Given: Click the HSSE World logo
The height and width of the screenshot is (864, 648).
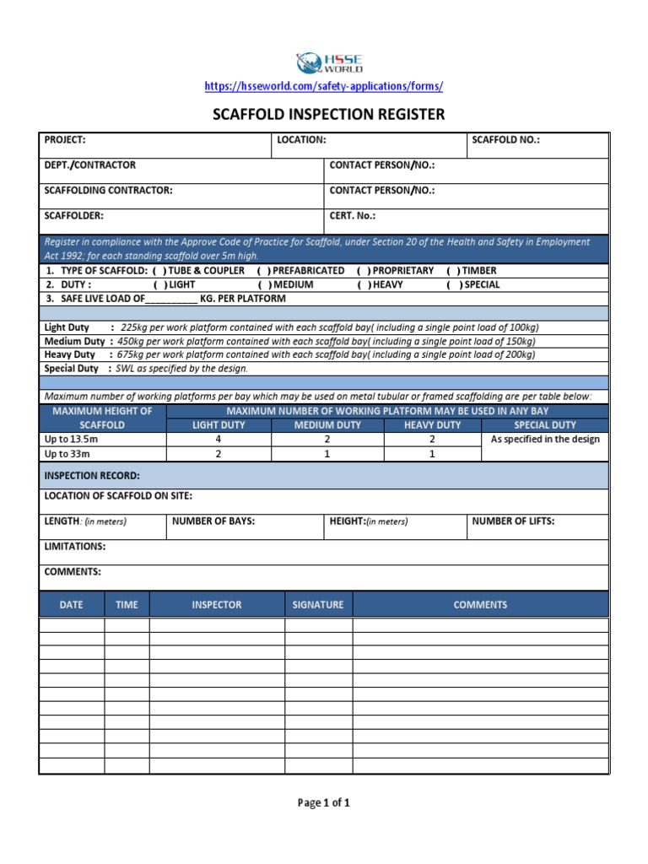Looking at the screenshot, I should click(x=329, y=63).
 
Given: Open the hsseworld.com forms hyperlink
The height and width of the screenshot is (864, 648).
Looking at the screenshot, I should click(x=324, y=87).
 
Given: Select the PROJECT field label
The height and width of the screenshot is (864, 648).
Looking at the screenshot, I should click(x=65, y=140).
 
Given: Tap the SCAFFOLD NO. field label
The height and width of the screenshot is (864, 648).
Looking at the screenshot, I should click(x=505, y=140).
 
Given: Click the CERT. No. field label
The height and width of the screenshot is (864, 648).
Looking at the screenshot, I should click(x=352, y=216).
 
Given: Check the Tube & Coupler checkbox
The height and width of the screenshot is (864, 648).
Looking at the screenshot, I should click(x=159, y=271).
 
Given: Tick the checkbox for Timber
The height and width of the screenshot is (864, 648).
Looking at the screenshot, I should click(x=453, y=271).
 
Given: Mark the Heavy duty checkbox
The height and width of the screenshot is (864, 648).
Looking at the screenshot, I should click(x=363, y=285).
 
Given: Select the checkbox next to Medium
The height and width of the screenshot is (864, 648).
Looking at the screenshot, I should click(x=264, y=285).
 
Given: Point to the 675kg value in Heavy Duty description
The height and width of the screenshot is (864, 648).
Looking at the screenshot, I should click(x=129, y=355).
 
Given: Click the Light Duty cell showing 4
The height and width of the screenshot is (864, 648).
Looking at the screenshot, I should click(x=219, y=440).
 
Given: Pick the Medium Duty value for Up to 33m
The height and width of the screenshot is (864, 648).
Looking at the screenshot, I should click(x=327, y=454).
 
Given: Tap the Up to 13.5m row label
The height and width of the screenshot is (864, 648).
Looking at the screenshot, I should click(x=67, y=440).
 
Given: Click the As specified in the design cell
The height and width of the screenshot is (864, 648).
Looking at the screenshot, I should click(x=545, y=440).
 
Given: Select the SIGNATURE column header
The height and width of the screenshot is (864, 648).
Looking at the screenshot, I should click(x=318, y=605).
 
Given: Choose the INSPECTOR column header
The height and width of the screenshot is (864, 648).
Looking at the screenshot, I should click(x=217, y=605).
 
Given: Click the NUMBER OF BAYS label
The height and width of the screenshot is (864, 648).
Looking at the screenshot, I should click(x=213, y=521).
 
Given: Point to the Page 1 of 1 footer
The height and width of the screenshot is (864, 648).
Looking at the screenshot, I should click(x=324, y=803).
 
